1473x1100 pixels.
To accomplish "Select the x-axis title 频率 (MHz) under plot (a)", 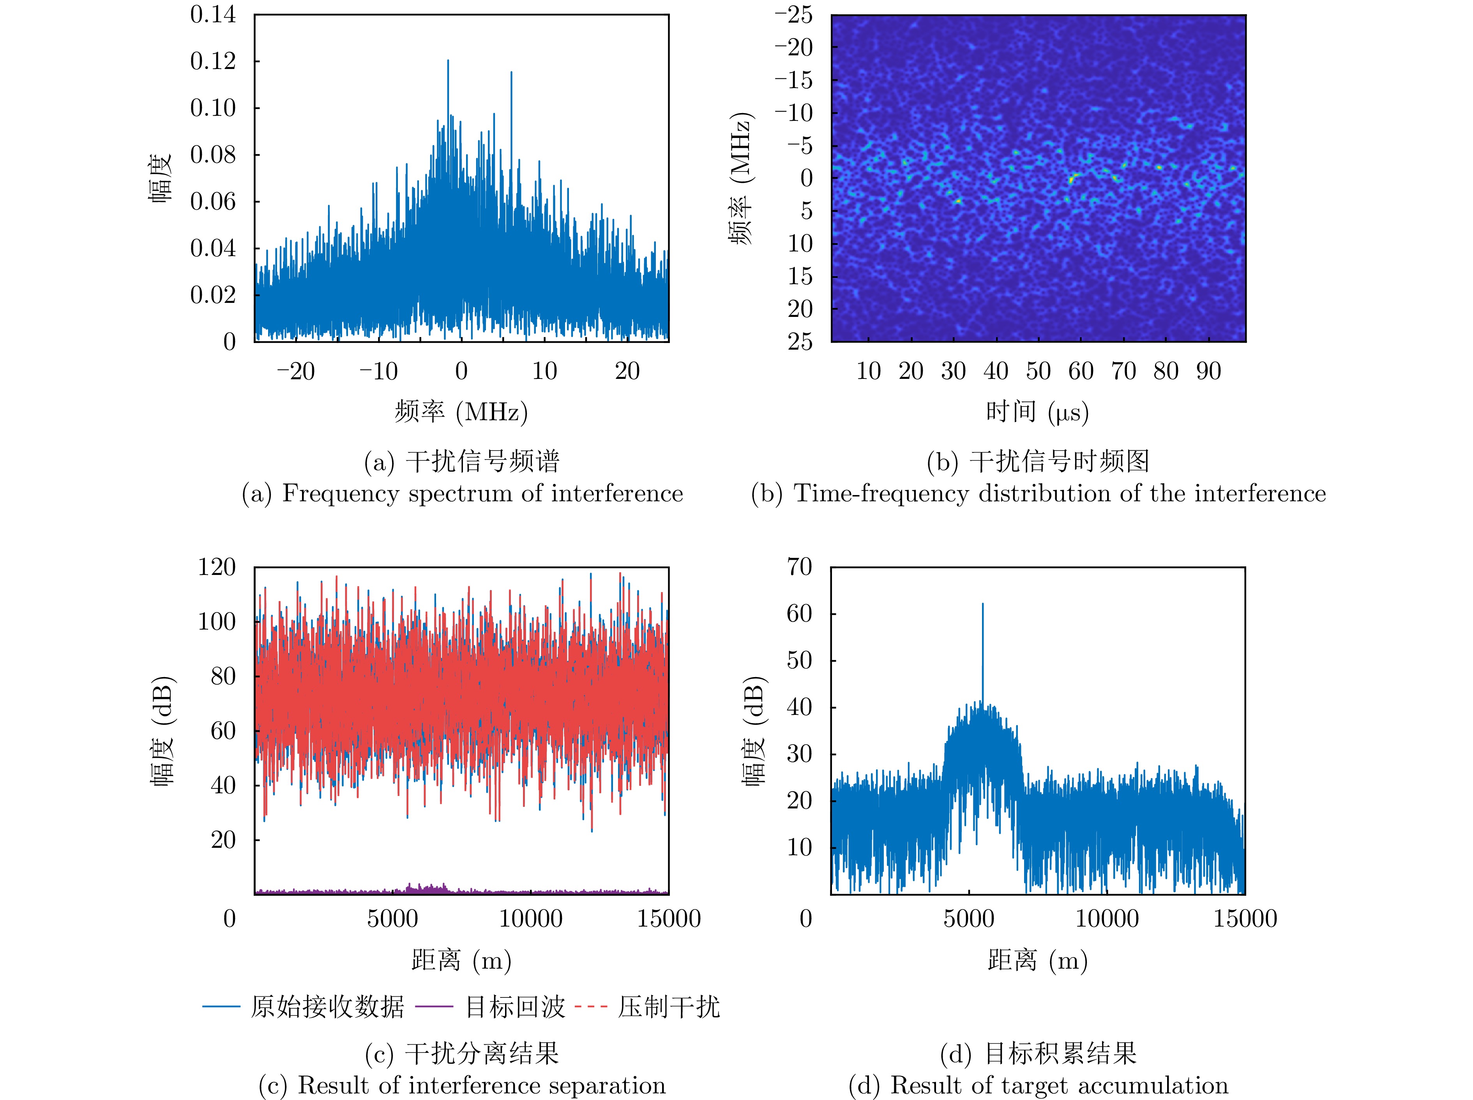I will pyautogui.click(x=461, y=412).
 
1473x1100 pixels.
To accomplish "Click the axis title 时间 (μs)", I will pyautogui.click(x=1037, y=412).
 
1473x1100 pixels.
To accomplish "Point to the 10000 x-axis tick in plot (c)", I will pyautogui.click(x=530, y=919).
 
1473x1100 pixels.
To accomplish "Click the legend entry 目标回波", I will pyautogui.click(x=514, y=1007).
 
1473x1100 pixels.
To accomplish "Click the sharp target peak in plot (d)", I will pyautogui.click(x=982, y=606).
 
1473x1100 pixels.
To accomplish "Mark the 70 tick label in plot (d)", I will pyautogui.click(x=799, y=567).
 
